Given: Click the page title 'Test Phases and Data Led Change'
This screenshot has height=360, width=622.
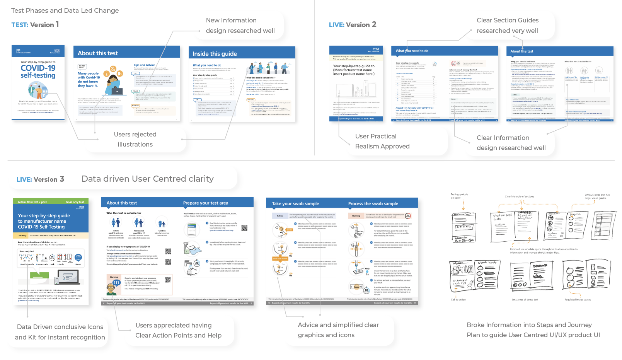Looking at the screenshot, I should pos(65,10).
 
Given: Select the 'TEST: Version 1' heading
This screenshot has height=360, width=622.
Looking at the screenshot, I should pos(35,25).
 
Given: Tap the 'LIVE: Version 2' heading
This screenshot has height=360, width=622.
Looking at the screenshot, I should pos(353,25).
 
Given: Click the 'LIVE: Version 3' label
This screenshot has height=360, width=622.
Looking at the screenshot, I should pos(40,179).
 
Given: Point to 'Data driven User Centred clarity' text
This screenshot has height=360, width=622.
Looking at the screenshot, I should pos(147,179).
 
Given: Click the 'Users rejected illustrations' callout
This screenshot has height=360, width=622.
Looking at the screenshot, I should pos(135,139).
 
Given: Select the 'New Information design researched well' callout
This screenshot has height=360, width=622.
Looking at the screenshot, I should pos(240,26).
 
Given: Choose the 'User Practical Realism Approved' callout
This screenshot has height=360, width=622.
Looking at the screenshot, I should pos(382,141).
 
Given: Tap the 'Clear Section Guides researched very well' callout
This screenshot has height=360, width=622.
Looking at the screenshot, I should pos(507,26).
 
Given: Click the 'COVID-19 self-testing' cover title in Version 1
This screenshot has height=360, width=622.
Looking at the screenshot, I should pos(38,72).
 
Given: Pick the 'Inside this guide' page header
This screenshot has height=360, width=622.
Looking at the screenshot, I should pos(215,54).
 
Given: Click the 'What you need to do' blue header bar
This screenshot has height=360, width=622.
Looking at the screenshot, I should pos(412,51).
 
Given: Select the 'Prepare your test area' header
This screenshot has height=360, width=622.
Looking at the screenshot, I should pos(206,203).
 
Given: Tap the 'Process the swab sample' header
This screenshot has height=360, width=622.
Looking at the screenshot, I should pos(373,204).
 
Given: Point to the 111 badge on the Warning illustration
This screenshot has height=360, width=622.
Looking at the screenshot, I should pos(116,283).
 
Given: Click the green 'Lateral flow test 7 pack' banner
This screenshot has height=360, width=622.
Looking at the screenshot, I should pos(32,202).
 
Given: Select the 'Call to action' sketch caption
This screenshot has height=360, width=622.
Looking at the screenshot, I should pos(458,300).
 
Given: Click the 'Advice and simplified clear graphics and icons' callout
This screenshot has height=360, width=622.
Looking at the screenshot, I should pos(338,330).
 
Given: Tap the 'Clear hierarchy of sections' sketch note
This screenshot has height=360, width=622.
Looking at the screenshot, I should pos(519,196).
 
